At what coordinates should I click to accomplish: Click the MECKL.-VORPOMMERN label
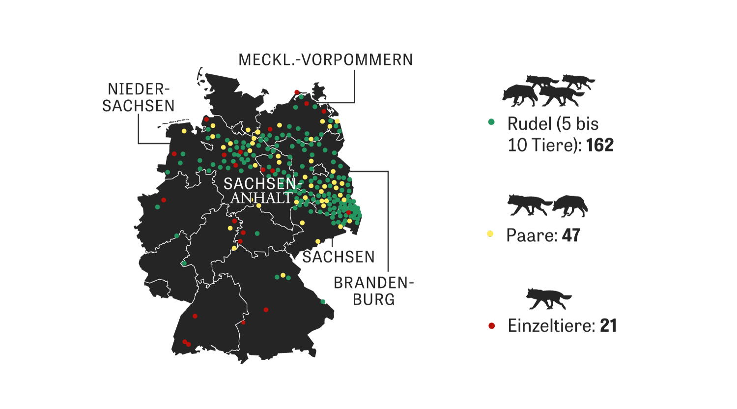(325, 60)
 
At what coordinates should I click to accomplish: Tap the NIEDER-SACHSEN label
(138, 97)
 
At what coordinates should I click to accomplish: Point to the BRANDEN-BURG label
(373, 291)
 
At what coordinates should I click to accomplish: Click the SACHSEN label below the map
(338, 257)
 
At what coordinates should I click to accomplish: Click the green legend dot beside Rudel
(491, 122)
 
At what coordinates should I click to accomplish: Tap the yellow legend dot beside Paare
(490, 234)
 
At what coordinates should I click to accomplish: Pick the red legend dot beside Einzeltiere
(491, 325)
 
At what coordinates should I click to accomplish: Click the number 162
(600, 146)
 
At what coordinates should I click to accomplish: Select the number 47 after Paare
(571, 235)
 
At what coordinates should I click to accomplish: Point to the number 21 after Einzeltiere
(608, 326)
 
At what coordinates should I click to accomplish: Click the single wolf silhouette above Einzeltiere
(548, 299)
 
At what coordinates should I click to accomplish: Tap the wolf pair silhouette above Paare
(547, 205)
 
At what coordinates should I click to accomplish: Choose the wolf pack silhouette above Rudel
(547, 90)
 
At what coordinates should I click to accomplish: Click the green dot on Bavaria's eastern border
(323, 302)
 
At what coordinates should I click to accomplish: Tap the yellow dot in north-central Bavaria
(283, 275)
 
